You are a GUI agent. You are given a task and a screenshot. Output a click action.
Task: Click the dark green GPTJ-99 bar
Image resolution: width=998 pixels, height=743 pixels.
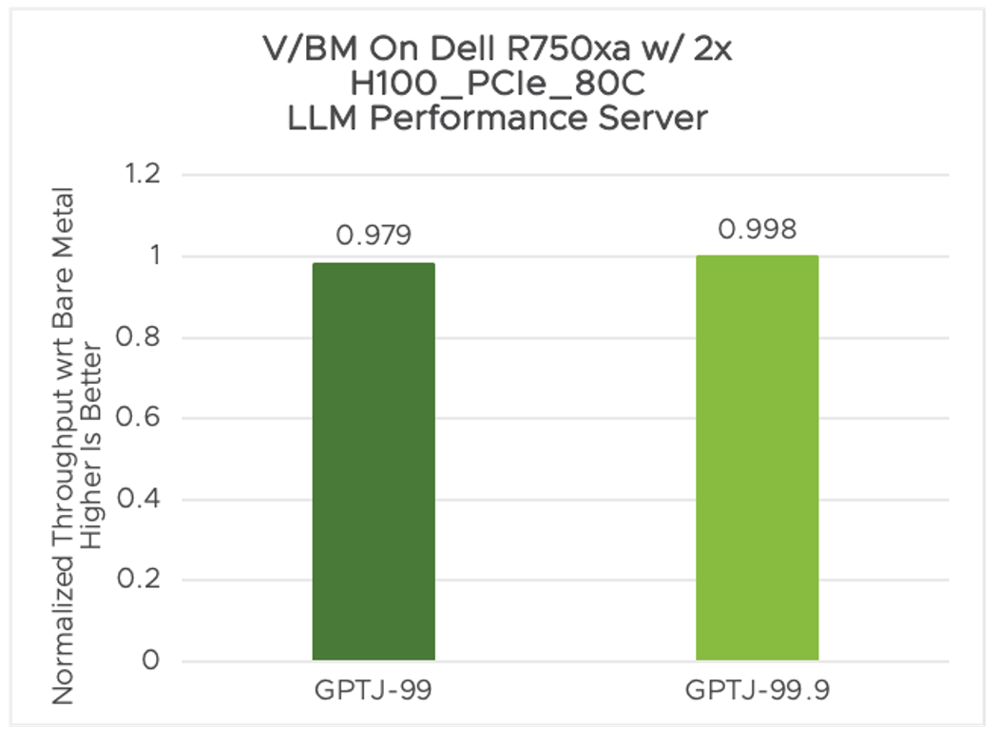(374, 462)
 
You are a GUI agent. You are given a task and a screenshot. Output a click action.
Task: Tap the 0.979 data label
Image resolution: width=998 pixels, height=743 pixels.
(374, 236)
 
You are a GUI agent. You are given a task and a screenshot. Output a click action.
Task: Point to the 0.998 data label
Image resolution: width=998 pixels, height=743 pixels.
(757, 229)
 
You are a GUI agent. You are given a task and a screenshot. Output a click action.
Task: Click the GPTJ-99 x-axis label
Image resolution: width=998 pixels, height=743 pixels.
(374, 691)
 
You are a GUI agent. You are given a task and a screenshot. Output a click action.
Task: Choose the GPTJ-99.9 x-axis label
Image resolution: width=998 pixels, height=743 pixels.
(757, 691)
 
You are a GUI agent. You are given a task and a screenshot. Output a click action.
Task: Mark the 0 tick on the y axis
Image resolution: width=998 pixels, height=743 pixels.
(151, 661)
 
